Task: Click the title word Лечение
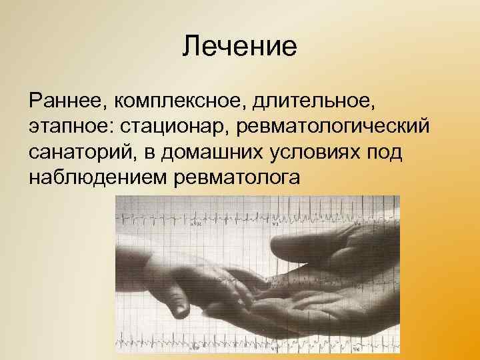pos(239,47)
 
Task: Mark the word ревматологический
pos(335,126)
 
